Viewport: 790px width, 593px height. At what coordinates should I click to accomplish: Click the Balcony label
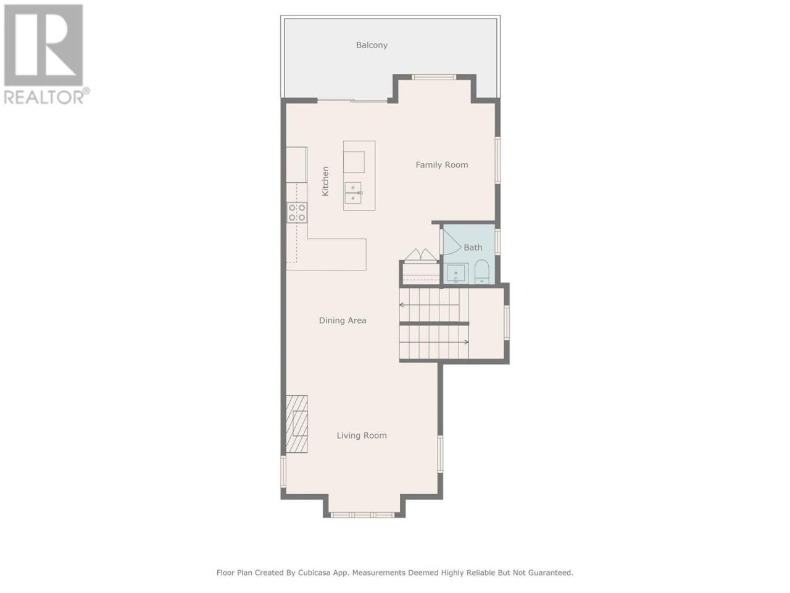[x=372, y=45]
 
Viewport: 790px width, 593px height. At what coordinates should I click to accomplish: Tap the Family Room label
[x=442, y=165]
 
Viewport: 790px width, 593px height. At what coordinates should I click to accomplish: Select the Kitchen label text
[x=325, y=181]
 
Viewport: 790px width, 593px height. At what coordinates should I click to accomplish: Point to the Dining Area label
[x=343, y=321]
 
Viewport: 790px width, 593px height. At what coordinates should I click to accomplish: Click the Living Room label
[x=362, y=435]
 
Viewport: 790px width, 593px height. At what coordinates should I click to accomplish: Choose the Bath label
[x=473, y=247]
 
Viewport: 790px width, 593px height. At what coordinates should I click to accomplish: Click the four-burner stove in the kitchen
[x=297, y=212]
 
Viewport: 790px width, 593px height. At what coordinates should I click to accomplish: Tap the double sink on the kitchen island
[x=353, y=193]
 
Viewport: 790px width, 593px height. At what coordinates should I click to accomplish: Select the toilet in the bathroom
[x=481, y=272]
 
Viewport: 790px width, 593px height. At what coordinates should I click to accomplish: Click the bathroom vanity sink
[x=457, y=273]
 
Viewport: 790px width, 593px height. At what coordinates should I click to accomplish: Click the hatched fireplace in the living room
[x=297, y=424]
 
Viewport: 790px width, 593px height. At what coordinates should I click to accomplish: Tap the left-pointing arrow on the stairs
[x=430, y=305]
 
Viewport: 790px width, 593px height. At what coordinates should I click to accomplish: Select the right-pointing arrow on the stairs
[x=434, y=342]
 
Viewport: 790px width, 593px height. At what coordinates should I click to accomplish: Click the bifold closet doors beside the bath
[x=421, y=254]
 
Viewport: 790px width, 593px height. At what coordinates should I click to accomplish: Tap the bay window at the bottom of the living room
[x=363, y=515]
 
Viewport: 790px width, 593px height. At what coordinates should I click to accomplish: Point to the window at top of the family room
[x=434, y=77]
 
